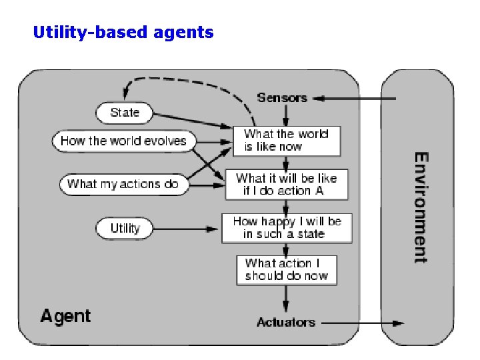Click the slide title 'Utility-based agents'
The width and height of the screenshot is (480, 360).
(x=123, y=31)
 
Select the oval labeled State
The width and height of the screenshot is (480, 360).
(x=125, y=113)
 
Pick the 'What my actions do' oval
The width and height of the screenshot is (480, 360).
(x=124, y=184)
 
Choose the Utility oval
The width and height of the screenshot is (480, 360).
(x=125, y=229)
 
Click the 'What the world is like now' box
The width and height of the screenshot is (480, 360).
(x=286, y=141)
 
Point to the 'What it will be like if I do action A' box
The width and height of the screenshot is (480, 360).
(x=286, y=185)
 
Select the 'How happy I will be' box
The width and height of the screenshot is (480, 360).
(x=287, y=228)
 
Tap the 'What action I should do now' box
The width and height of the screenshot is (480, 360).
(x=286, y=269)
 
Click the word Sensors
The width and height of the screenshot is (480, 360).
(x=282, y=98)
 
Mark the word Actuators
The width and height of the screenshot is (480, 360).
(x=285, y=323)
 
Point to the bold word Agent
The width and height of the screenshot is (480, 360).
(x=65, y=315)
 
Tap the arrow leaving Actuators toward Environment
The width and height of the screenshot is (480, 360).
(x=363, y=323)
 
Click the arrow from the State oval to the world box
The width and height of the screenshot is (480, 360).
(x=193, y=121)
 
